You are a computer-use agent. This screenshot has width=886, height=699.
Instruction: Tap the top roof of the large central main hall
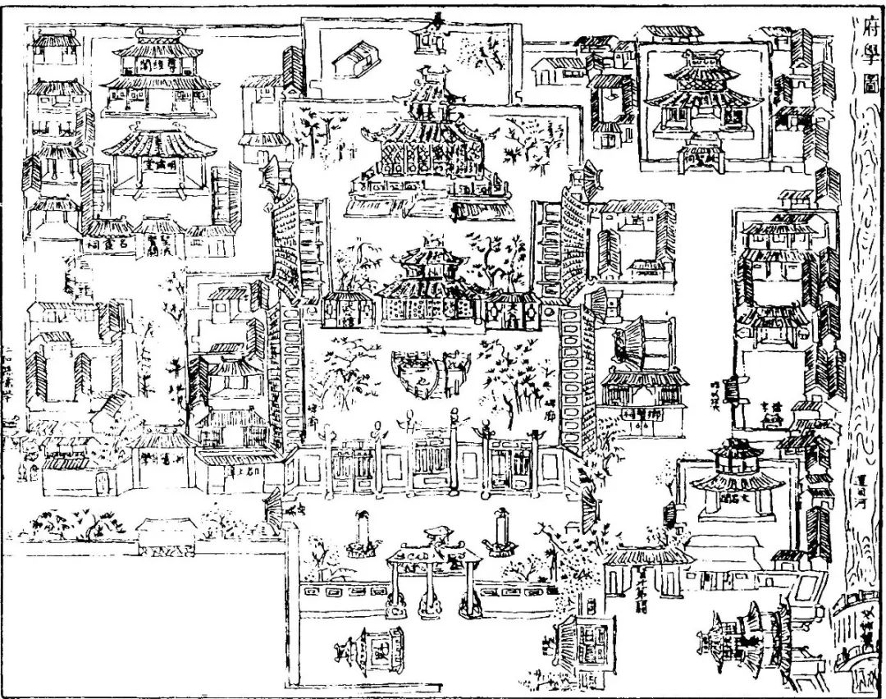pos(429,86)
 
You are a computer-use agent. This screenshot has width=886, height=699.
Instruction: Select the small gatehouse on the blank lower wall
pos(164,535)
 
